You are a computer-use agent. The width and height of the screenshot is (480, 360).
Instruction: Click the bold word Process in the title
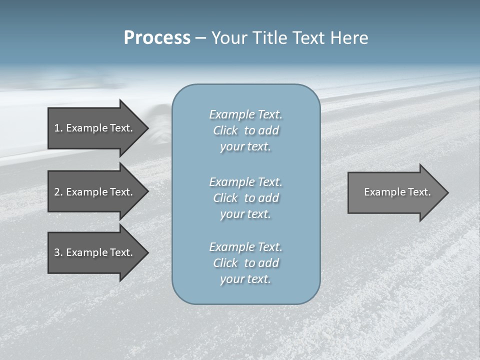click(x=157, y=38)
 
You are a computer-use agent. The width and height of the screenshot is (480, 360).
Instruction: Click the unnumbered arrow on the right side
click(x=397, y=192)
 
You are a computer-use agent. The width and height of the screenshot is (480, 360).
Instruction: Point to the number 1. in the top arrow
click(x=58, y=128)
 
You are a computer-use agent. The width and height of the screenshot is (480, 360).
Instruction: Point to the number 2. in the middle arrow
click(x=58, y=192)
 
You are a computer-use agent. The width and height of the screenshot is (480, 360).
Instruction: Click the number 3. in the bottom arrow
click(x=58, y=252)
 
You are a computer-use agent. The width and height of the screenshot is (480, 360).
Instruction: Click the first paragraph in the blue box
click(x=245, y=130)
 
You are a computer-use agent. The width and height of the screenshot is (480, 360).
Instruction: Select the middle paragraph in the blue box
click(x=245, y=198)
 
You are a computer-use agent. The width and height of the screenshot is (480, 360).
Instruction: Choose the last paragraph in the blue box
click(x=245, y=263)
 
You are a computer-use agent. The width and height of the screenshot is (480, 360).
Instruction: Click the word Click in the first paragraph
click(x=225, y=130)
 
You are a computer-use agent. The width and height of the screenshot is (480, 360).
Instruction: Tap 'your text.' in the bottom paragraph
click(x=245, y=279)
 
